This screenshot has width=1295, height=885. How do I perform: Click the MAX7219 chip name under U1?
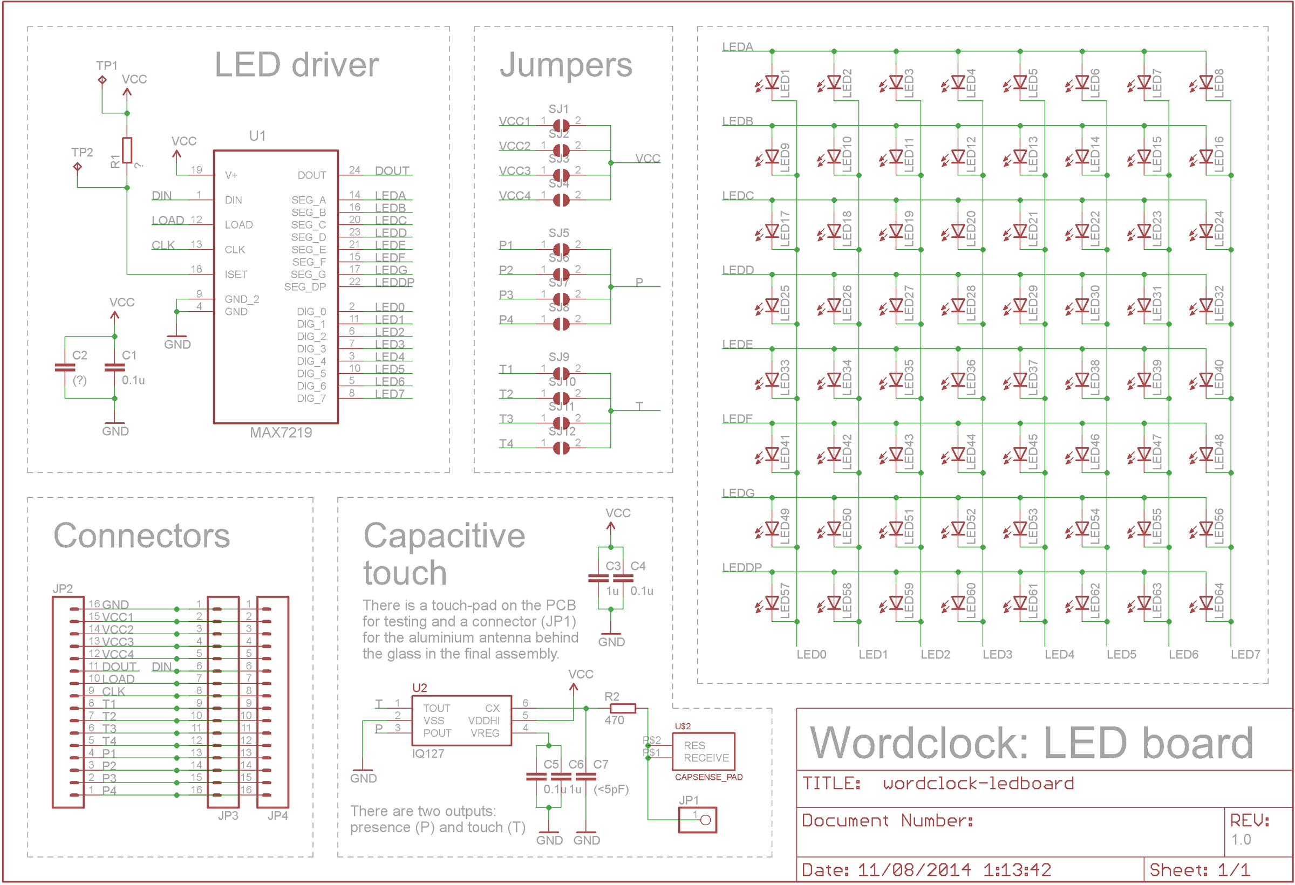coord(280,433)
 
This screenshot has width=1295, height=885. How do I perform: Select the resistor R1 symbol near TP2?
coord(127,150)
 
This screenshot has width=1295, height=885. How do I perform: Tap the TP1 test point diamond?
coord(102,80)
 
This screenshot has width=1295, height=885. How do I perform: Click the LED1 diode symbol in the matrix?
coord(772,83)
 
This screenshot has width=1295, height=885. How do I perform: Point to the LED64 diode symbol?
coord(1207,602)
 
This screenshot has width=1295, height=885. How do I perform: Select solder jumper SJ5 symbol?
coord(561,249)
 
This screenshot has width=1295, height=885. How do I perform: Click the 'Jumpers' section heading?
coord(565,65)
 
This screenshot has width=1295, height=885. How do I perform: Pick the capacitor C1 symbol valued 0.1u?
coord(115,367)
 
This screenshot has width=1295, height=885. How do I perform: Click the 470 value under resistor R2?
coord(614,720)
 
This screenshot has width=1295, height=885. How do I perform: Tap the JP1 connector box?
coord(697,820)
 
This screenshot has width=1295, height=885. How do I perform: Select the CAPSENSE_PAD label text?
coord(708,777)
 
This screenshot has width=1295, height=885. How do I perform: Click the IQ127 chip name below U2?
coord(428,753)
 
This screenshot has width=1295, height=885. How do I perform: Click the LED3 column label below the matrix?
coord(997,654)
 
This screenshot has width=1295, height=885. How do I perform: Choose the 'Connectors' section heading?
coord(141,536)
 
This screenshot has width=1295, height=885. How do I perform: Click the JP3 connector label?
coord(228,815)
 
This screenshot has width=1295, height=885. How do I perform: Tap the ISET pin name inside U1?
coord(236,275)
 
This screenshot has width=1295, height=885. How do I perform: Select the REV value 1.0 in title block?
coord(1241,839)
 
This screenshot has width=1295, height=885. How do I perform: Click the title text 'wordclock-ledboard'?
coord(978,784)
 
